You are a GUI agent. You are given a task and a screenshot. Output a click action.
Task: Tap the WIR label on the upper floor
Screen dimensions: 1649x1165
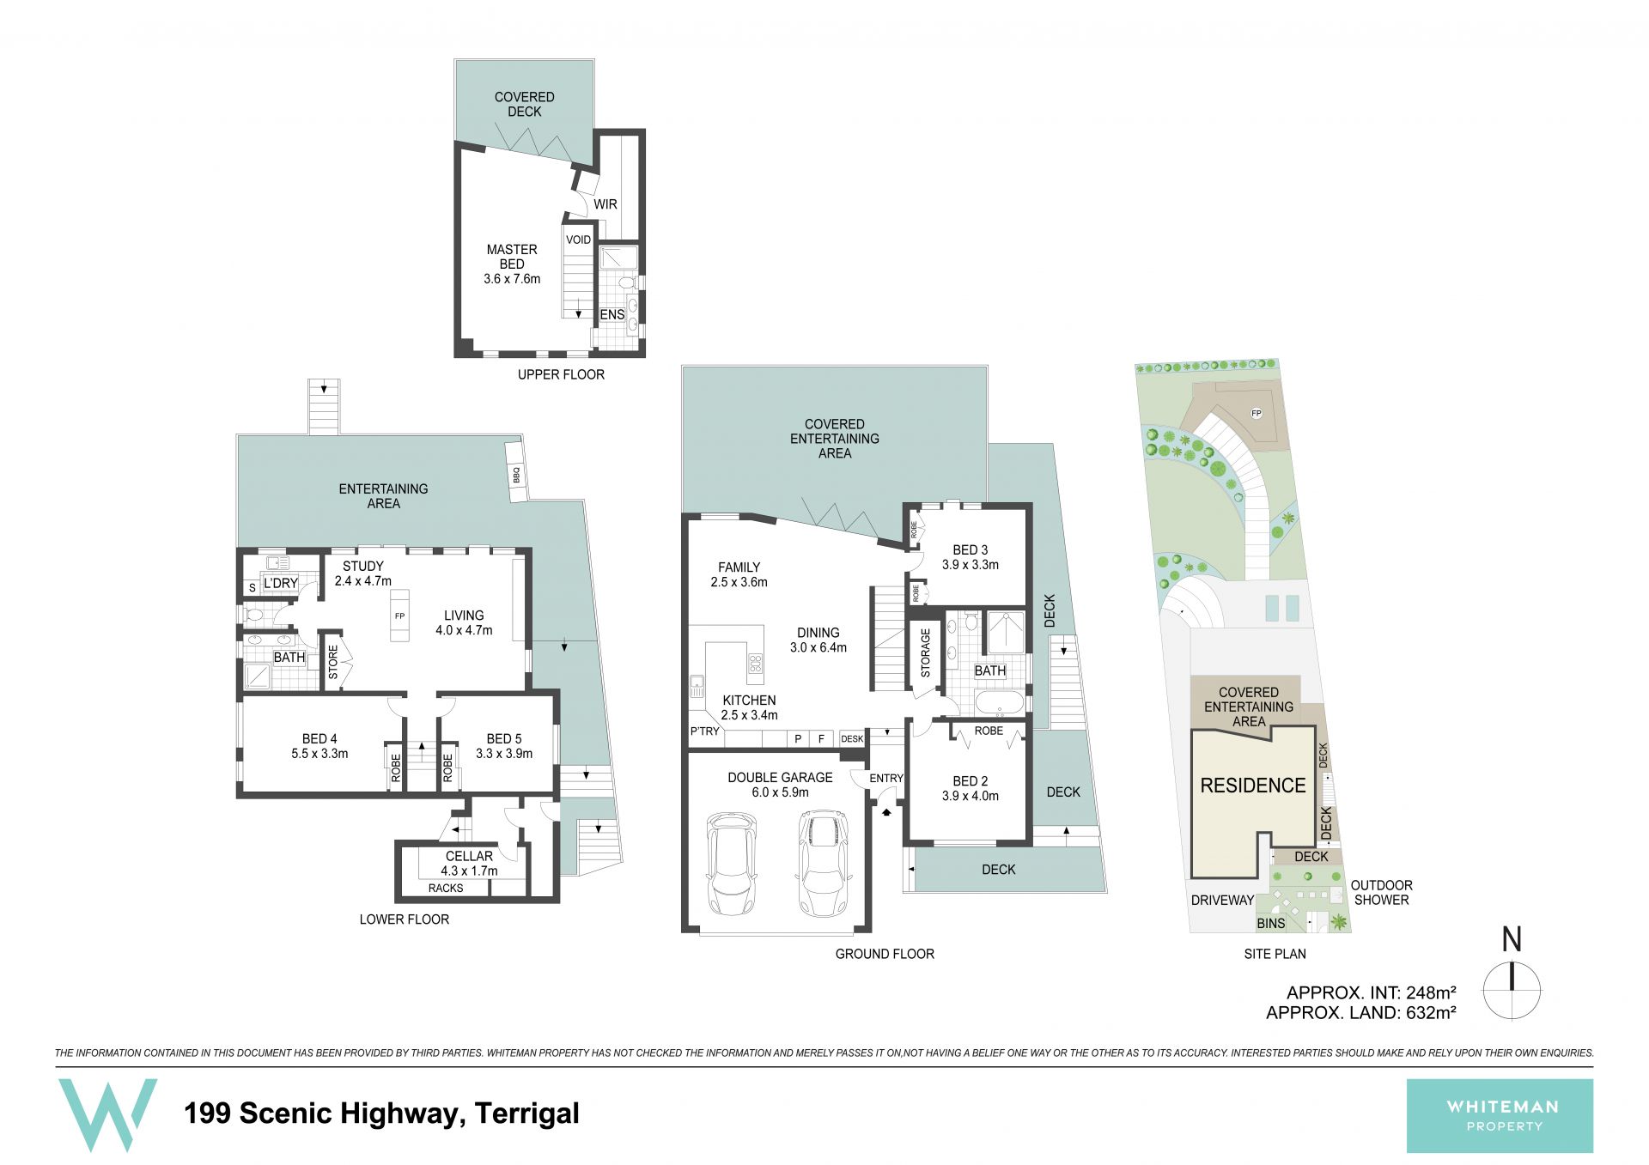click(605, 204)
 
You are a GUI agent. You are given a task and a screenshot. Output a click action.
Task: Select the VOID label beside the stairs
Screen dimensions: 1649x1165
click(578, 240)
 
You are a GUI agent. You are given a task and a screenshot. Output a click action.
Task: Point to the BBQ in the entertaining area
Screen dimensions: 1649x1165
click(515, 472)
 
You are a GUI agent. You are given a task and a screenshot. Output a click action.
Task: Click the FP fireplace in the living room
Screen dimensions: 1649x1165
click(399, 615)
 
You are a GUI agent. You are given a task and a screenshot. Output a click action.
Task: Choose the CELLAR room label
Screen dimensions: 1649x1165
click(469, 856)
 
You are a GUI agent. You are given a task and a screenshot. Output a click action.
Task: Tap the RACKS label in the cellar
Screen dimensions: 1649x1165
click(446, 888)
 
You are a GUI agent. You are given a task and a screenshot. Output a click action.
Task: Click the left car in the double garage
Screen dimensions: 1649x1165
click(731, 865)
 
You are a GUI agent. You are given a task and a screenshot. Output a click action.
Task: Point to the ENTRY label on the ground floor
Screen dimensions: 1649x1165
click(886, 778)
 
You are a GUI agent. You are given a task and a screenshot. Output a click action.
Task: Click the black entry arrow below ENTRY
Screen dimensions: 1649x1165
click(886, 810)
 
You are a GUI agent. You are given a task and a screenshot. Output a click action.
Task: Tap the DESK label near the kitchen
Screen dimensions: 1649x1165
click(852, 738)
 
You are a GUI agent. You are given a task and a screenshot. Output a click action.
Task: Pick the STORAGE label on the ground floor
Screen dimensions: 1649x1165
click(925, 653)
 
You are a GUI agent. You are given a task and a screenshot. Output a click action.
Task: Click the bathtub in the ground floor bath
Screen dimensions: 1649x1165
click(1001, 702)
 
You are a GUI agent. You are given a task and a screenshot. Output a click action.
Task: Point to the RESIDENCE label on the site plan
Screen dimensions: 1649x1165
click(1253, 785)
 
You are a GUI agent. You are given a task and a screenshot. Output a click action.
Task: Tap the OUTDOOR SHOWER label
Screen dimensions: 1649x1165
click(1381, 893)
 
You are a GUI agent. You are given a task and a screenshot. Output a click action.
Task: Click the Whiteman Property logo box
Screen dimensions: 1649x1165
click(1500, 1115)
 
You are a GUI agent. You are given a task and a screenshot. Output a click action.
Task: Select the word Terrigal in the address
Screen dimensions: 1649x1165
click(526, 1113)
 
